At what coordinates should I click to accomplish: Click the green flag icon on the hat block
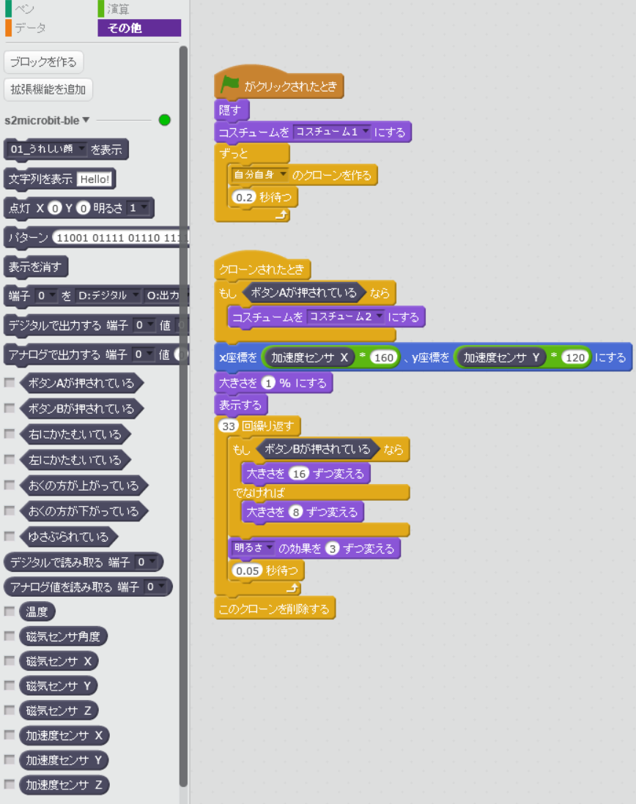click(x=230, y=85)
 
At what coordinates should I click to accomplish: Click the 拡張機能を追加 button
click(x=48, y=90)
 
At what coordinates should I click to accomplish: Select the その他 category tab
click(x=139, y=29)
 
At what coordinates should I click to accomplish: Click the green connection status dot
click(x=165, y=120)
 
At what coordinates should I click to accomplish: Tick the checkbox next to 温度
click(x=10, y=611)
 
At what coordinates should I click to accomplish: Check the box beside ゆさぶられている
click(x=10, y=536)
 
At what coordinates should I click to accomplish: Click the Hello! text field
click(x=95, y=179)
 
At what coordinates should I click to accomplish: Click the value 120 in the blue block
click(x=576, y=357)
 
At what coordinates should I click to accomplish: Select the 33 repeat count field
click(x=228, y=426)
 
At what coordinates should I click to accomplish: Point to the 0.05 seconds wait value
click(x=246, y=569)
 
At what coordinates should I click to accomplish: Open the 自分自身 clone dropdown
click(x=259, y=175)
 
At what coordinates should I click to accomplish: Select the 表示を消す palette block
click(x=36, y=266)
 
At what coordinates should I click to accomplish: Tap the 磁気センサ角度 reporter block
click(x=63, y=636)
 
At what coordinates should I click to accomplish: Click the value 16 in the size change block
click(x=299, y=473)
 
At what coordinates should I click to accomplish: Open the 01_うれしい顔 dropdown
click(x=48, y=149)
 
